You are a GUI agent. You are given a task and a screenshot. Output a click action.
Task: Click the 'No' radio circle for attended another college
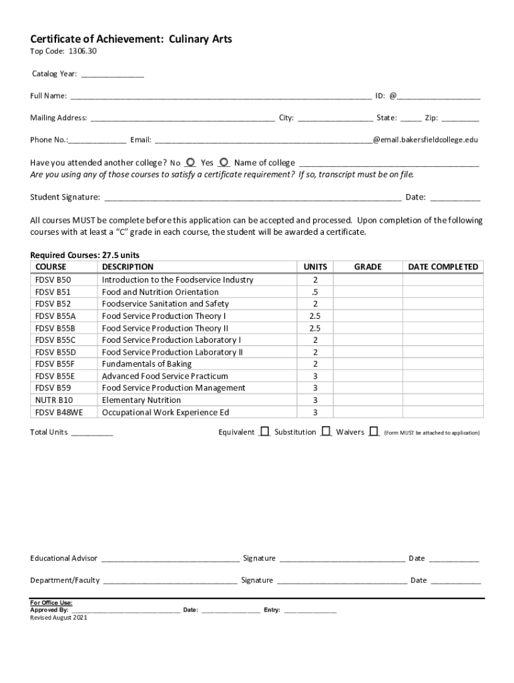coord(191,162)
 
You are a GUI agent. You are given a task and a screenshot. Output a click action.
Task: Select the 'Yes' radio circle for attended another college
coord(224,162)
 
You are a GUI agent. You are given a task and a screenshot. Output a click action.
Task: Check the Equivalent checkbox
coord(265,432)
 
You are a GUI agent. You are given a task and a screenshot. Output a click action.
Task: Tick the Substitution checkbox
coord(326,432)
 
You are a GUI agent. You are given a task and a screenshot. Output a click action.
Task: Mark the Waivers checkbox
coord(374,432)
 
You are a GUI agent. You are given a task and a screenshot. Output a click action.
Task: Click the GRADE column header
coord(367,267)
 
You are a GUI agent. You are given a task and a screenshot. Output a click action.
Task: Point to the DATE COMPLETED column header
coord(443,267)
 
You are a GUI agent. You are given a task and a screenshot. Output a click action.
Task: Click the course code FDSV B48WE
coord(59,412)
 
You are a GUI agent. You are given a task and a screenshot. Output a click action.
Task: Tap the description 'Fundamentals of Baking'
coord(146,364)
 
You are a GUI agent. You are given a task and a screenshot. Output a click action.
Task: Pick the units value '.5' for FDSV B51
coord(314,292)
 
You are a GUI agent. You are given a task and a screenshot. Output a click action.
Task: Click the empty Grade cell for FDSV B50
coord(367,280)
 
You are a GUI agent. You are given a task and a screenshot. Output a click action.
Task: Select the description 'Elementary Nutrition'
coord(141,400)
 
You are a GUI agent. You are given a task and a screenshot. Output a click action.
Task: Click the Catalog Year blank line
coord(112,74)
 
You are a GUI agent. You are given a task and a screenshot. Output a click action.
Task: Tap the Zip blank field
coord(460,119)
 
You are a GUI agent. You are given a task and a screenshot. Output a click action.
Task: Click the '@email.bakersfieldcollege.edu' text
coord(425,140)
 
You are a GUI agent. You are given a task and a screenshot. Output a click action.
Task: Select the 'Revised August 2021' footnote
coord(59,618)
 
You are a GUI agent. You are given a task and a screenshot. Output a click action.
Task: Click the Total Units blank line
coord(92,433)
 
